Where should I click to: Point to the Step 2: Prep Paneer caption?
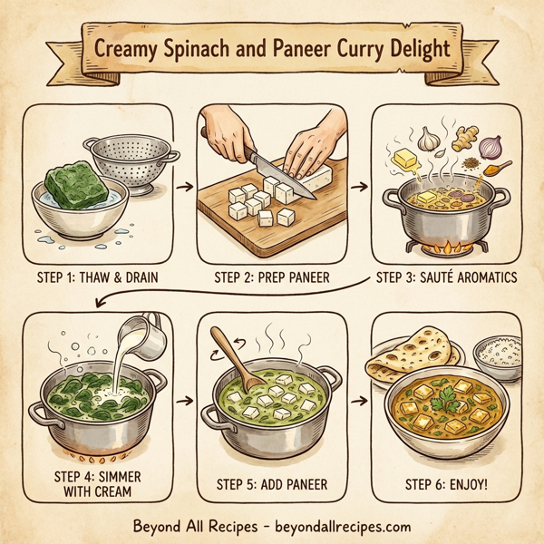[x=272, y=277]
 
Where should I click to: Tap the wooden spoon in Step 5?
[x=235, y=357]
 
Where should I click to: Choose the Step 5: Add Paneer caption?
[x=272, y=484]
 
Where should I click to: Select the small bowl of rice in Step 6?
[x=496, y=353]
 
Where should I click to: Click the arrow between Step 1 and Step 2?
[x=184, y=187]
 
